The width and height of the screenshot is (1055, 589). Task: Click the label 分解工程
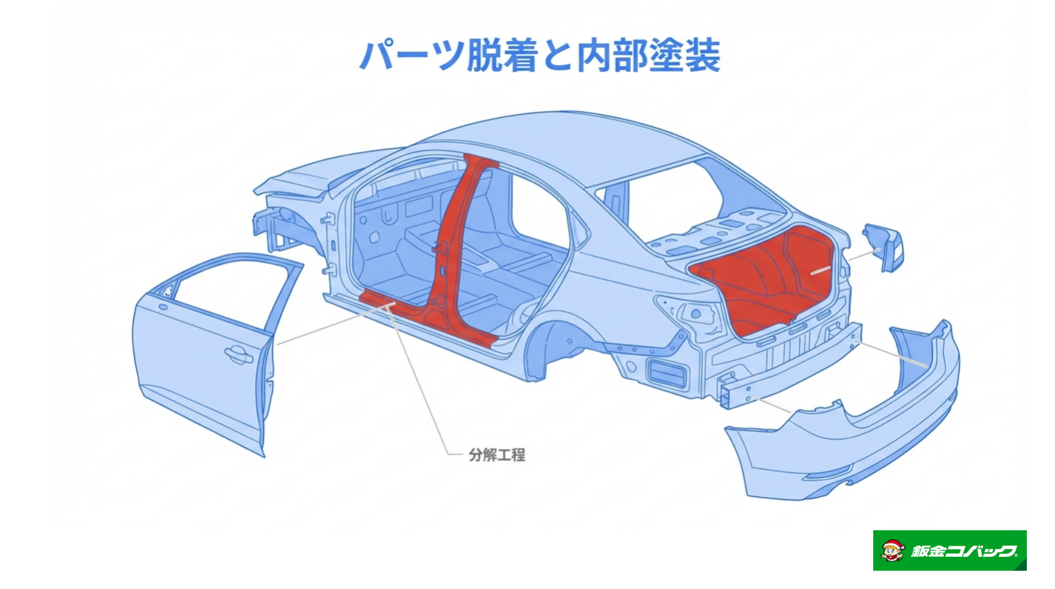click(496, 455)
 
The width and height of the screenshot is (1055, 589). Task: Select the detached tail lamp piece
click(884, 247)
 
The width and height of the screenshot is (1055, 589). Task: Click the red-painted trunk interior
click(765, 282)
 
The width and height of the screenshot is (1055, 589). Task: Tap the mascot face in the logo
click(892, 551)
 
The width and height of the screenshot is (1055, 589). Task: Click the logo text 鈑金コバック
click(964, 551)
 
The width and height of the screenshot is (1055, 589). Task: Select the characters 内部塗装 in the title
click(648, 56)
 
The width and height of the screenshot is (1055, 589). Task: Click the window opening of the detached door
click(230, 293)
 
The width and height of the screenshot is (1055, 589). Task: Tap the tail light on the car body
click(690, 314)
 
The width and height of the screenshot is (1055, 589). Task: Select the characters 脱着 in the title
click(502, 56)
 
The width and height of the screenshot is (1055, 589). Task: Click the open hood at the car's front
click(299, 178)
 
